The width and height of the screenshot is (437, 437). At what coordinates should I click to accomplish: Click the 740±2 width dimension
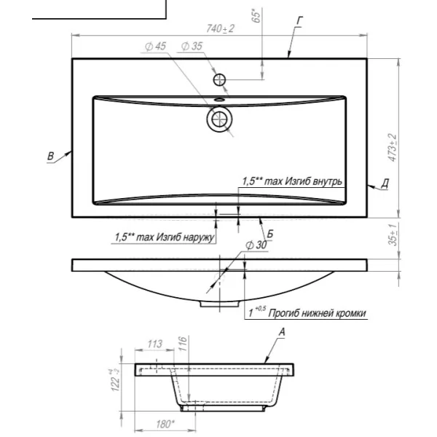click(x=220, y=28)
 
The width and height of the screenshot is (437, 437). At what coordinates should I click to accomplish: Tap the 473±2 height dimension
click(x=393, y=147)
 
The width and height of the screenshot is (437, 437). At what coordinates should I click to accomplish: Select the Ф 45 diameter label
click(x=156, y=47)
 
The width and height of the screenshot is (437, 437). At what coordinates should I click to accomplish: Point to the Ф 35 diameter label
click(x=192, y=47)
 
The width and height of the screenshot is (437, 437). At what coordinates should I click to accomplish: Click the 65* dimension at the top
click(x=256, y=15)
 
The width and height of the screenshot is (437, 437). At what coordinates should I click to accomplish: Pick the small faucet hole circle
click(x=220, y=80)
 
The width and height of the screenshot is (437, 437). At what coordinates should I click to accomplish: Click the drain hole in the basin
click(x=220, y=119)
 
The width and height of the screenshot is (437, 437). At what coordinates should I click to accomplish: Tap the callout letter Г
click(x=299, y=21)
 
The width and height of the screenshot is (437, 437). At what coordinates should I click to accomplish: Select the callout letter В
click(x=50, y=156)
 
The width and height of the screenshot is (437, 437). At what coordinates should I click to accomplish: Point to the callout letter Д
click(x=385, y=184)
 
